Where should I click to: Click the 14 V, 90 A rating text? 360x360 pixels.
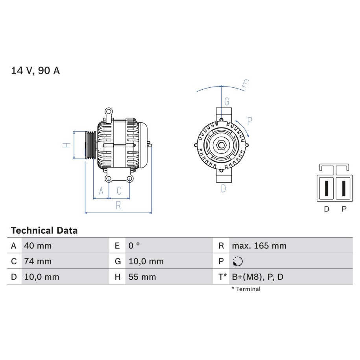[x=35, y=71]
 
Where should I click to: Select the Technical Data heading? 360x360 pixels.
[x=44, y=231]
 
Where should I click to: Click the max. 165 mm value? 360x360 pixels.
[x=259, y=246]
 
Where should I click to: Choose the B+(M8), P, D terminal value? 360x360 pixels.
[x=258, y=277]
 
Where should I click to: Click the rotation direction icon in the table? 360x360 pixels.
[x=238, y=262]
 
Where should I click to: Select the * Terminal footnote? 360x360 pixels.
[x=246, y=289]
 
